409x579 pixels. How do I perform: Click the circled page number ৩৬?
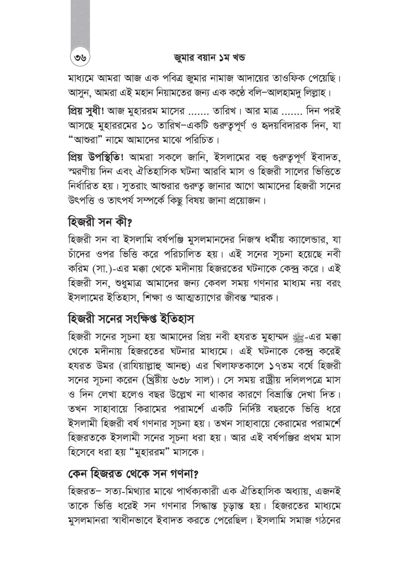80,58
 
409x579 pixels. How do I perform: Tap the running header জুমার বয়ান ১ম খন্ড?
209,58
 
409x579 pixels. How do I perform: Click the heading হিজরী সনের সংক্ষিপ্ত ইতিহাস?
131,319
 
